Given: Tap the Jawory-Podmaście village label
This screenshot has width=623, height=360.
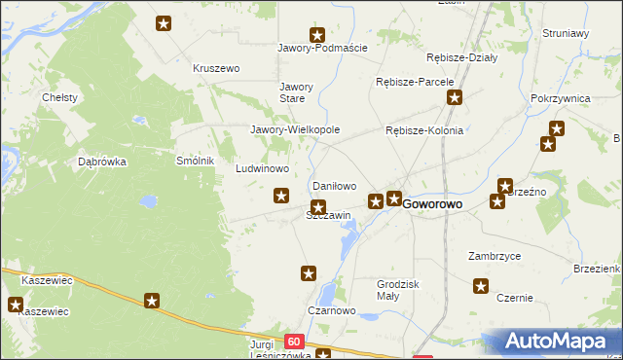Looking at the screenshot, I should coord(322,49).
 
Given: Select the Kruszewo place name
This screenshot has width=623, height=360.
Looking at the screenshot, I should coord(216,68).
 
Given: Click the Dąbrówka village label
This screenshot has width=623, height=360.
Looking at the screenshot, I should coord(102,162).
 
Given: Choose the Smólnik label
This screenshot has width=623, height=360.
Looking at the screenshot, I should coord(194,161).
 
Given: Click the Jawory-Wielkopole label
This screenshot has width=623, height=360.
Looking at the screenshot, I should coord(295,129).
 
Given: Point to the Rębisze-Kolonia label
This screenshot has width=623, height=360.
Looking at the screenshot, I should coord(424,130).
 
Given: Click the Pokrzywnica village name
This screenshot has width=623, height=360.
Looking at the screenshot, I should coord(562,99).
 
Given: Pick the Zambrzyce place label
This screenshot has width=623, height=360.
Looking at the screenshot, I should coord(494,256).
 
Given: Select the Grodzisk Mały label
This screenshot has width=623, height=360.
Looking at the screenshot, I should coord(397,290).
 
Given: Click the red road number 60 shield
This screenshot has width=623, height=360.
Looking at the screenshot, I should coord(295,342).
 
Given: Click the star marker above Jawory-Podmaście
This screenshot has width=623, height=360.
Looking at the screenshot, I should coord(316,34).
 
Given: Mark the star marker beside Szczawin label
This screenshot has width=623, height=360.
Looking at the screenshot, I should coord(318,206).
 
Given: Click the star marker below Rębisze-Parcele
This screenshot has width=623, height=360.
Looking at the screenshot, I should coord(454,97).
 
